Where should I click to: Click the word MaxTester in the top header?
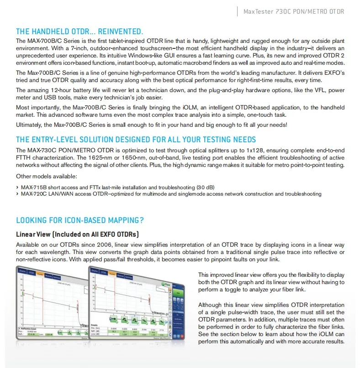point(258,11)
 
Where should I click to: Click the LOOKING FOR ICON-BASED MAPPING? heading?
point(80,220)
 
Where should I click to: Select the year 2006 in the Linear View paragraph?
point(96,245)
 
